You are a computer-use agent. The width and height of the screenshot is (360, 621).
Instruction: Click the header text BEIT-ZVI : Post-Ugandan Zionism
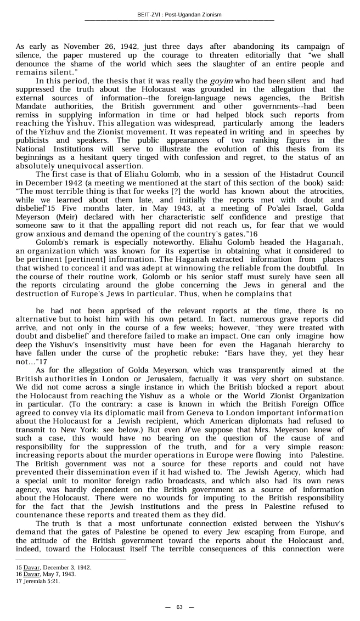pos(179,15)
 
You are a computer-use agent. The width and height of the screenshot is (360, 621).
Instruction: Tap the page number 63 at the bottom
pos(179,607)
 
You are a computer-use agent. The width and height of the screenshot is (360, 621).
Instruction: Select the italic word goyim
pos(222,81)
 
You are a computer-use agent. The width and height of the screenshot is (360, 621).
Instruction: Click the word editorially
pos(271,55)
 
